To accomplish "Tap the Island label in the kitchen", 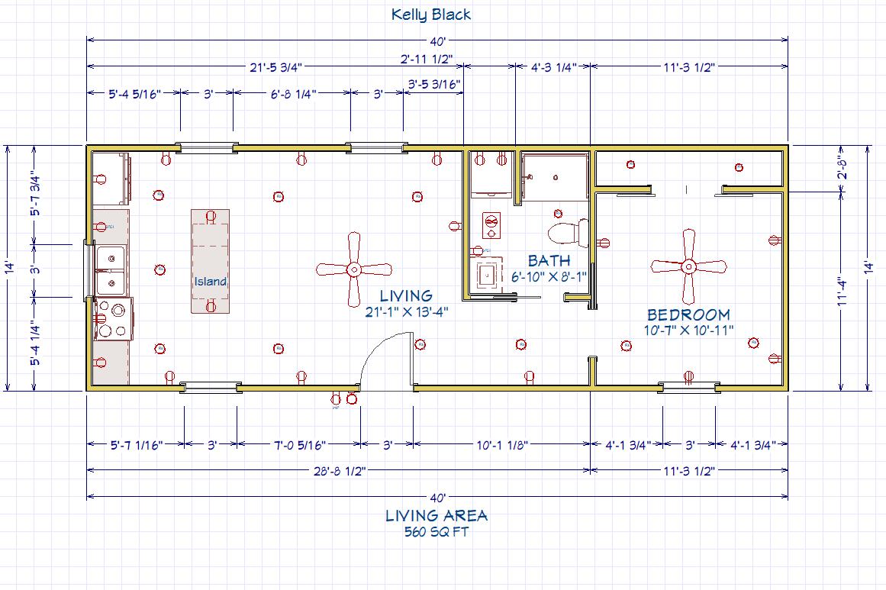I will [210, 282].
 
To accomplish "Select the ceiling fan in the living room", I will [353, 269].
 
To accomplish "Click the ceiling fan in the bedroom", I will [688, 266].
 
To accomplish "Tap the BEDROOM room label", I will [688, 314].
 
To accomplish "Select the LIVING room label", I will [407, 295].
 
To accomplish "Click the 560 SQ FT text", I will [437, 532].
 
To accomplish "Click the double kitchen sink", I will [111, 269].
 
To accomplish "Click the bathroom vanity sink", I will [486, 273].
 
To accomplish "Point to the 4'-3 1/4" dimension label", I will [553, 66].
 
